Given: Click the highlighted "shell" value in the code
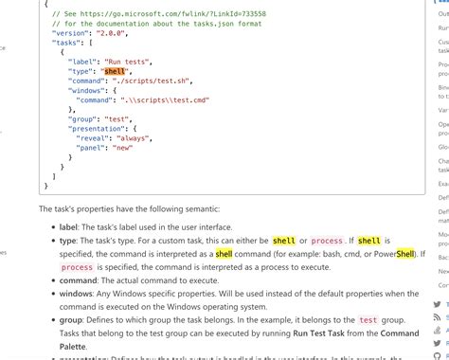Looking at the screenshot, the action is (x=116, y=70).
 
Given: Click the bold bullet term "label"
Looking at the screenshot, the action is (x=70, y=227).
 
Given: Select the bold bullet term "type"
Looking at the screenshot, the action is (x=68, y=242).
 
